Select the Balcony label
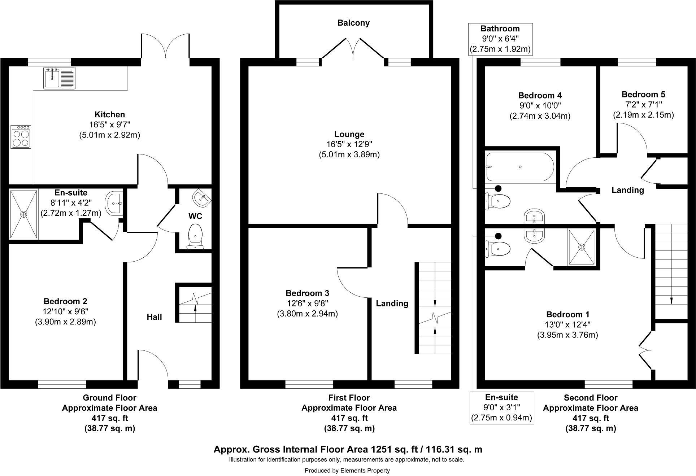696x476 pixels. [x=353, y=23]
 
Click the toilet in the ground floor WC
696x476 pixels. [x=195, y=236]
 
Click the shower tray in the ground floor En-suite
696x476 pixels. [x=23, y=214]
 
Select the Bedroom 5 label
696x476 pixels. [x=643, y=95]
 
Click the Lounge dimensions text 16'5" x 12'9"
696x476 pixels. [x=349, y=145]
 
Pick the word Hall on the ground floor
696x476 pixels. [x=154, y=317]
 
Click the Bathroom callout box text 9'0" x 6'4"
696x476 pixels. [x=500, y=39]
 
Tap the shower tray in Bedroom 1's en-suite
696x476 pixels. [x=582, y=247]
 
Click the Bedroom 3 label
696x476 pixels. [x=307, y=293]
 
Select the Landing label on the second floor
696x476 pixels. [x=627, y=190]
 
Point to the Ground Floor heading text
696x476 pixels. [x=109, y=398]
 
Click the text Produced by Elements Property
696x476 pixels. [x=347, y=470]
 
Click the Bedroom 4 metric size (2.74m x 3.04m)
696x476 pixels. [x=540, y=116]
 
